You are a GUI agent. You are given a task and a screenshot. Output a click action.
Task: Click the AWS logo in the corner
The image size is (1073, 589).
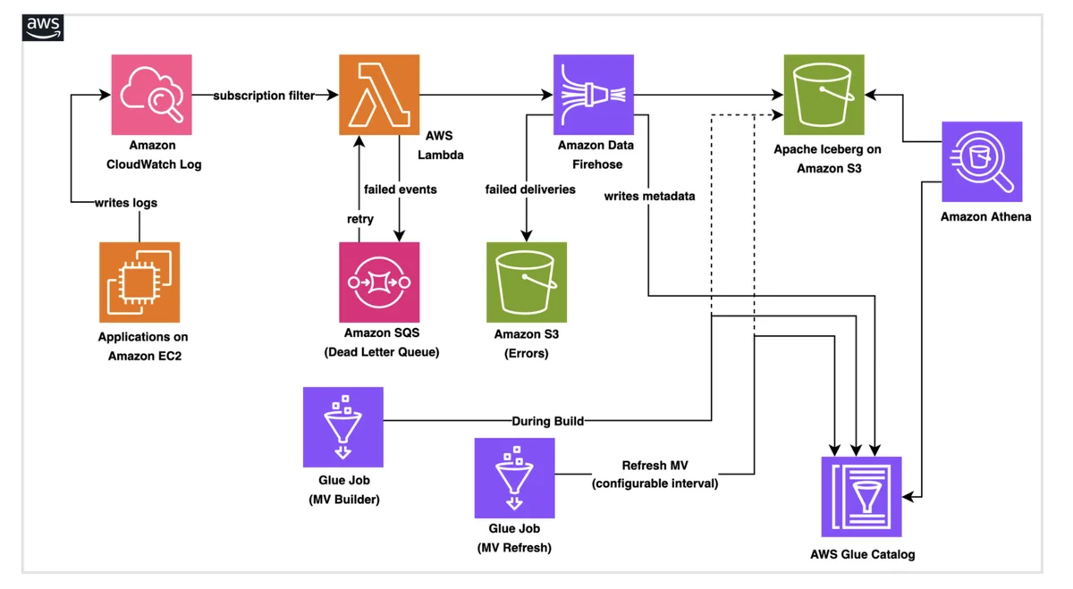(x=43, y=28)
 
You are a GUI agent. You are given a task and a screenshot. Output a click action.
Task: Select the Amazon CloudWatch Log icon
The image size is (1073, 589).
(x=151, y=95)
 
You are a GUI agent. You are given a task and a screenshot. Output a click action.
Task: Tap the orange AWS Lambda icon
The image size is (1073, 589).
(x=379, y=95)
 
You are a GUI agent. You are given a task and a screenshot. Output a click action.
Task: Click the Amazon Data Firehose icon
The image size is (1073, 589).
(x=594, y=95)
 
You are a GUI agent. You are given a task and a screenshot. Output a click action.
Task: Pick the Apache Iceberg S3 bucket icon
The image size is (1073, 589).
(x=824, y=95)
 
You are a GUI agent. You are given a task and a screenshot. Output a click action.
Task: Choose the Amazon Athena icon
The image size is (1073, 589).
(x=982, y=162)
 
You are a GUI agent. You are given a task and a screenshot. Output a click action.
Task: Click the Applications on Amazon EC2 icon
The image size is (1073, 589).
(x=139, y=282)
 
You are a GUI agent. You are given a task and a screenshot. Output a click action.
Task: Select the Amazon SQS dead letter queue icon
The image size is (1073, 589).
(x=379, y=282)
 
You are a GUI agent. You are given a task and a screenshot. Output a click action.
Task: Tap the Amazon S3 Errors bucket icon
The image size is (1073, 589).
(x=527, y=282)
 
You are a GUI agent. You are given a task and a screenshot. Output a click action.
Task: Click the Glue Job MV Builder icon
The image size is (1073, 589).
(x=343, y=426)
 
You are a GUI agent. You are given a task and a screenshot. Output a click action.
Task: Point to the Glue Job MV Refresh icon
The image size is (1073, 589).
(x=514, y=478)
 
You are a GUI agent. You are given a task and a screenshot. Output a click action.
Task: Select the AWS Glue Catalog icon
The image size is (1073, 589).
(x=861, y=497)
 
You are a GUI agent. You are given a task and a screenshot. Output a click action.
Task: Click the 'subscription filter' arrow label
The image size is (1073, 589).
(x=264, y=96)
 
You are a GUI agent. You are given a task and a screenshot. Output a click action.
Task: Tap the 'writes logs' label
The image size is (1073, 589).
(x=126, y=203)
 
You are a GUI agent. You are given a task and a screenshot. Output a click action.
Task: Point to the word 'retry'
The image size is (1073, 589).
(x=360, y=219)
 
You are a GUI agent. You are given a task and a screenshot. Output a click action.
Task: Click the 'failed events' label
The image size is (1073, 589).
(x=401, y=189)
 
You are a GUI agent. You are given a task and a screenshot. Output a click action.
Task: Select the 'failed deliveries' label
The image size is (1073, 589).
(x=530, y=189)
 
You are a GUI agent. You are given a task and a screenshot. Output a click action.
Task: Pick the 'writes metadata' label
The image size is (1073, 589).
(x=649, y=197)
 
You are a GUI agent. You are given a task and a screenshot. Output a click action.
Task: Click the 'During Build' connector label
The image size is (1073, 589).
(x=548, y=421)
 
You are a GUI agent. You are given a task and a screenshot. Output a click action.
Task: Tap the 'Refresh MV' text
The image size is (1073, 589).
(x=655, y=466)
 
